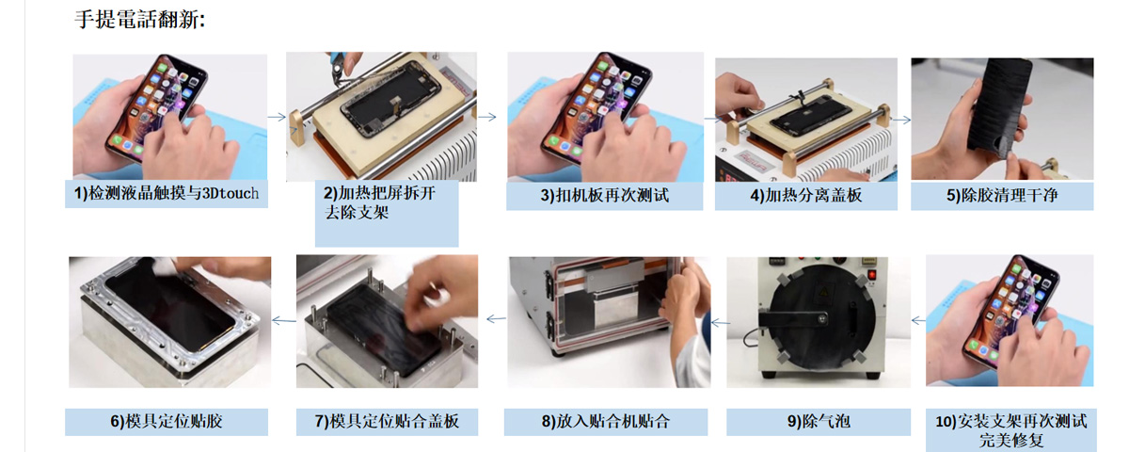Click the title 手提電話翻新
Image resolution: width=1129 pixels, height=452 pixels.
[x=139, y=20]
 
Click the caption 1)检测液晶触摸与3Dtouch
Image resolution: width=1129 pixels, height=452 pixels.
[x=167, y=193]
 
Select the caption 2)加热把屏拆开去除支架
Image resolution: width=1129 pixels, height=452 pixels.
[x=379, y=202]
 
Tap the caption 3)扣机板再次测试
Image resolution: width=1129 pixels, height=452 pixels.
[x=605, y=195]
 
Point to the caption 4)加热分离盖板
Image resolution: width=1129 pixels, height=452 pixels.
[x=806, y=195]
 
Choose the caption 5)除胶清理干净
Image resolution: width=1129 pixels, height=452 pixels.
[x=1002, y=195]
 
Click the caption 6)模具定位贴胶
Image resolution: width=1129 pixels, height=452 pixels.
[x=167, y=421]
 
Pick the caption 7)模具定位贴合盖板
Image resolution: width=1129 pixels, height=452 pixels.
[x=387, y=421]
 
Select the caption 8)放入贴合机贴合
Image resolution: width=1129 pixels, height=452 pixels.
[x=606, y=421]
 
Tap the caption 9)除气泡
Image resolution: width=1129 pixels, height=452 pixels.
[x=819, y=421]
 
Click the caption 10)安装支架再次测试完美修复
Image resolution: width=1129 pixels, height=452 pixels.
[x=1011, y=430]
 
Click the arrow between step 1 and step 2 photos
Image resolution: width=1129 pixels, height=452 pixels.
[x=277, y=117]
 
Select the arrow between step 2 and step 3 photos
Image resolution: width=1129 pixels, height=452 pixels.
[x=487, y=117]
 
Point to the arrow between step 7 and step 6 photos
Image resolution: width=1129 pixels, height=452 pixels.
[x=284, y=320]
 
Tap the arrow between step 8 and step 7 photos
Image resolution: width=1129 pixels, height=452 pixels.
[x=497, y=319]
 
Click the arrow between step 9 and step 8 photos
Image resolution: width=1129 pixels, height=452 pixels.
[x=721, y=322]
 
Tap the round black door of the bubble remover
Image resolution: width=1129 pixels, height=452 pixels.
[x=818, y=319]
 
